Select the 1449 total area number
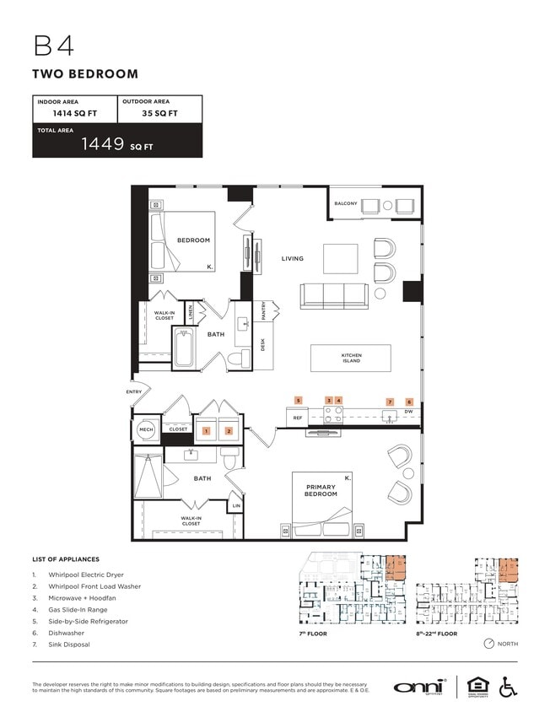(103, 143)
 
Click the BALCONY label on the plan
(346, 204)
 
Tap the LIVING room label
(292, 259)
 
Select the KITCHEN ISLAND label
(351, 359)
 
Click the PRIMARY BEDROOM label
(321, 491)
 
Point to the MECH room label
(145, 429)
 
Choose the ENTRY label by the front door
(134, 392)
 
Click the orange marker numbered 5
(298, 401)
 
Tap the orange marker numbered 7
(389, 402)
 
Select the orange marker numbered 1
(205, 431)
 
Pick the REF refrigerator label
(297, 417)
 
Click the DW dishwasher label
(409, 413)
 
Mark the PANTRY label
(264, 310)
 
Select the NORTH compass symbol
(488, 644)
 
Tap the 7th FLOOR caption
(313, 634)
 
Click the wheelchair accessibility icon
(508, 687)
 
